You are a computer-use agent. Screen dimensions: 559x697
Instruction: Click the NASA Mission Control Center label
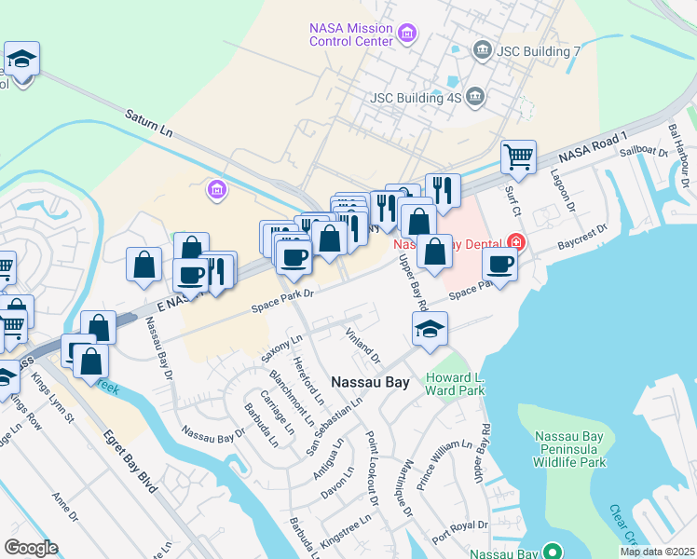click(x=351, y=34)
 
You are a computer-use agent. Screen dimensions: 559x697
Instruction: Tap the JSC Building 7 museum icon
click(x=482, y=49)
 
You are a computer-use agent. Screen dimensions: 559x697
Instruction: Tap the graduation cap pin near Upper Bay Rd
click(x=430, y=329)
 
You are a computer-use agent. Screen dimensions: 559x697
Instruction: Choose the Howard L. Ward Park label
click(x=455, y=384)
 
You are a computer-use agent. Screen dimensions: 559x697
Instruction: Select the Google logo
click(x=31, y=548)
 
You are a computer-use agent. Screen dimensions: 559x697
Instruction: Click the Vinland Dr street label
click(x=362, y=345)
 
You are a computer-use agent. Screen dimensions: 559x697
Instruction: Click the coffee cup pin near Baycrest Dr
click(x=500, y=266)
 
